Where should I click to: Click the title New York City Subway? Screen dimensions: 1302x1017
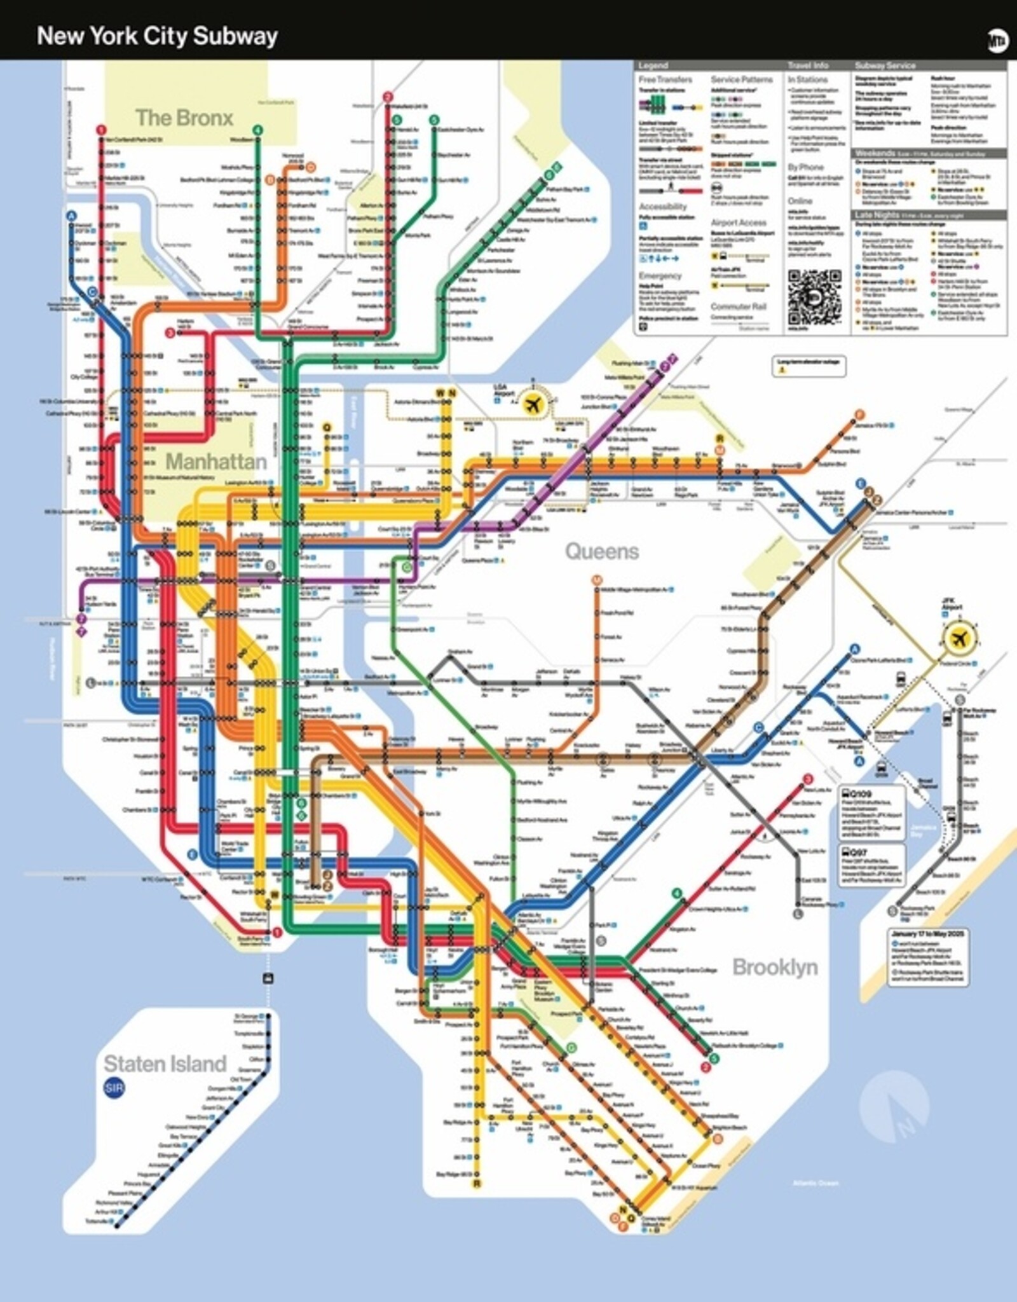157,36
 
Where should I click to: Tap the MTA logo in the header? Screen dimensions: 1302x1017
997,41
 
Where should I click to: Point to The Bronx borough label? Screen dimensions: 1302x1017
184,118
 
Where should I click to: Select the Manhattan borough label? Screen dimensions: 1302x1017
216,461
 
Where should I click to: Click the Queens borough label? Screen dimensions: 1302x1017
601,551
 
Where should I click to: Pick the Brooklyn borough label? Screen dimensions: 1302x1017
774,967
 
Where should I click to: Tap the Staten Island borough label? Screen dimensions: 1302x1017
165,1064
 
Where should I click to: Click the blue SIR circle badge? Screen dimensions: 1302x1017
114,1088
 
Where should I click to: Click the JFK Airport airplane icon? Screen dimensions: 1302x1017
959,638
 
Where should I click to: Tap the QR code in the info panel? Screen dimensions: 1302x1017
814,297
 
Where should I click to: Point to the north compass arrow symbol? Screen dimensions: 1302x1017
894,1106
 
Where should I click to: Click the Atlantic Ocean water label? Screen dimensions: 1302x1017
816,1183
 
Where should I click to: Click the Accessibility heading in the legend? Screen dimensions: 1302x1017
662,207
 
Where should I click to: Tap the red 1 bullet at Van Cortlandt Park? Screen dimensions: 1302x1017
101,130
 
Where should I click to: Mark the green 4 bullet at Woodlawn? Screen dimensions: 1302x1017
257,131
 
